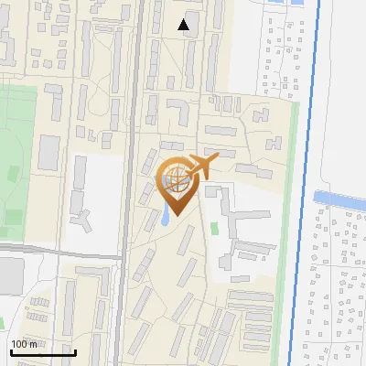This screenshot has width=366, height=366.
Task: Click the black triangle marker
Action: (185, 25)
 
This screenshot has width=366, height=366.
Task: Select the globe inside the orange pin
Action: (174, 181)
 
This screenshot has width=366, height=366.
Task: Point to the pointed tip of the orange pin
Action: (174, 216)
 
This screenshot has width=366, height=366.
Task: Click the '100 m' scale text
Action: (24, 344)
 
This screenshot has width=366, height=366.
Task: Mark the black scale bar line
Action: (41, 352)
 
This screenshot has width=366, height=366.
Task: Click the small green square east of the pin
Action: (215, 228)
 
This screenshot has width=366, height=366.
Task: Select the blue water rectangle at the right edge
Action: (340, 198)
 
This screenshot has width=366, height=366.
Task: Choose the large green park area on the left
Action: (18, 156)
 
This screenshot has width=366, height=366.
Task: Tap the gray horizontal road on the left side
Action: (55, 250)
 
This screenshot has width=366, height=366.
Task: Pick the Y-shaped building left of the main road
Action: (81, 220)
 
